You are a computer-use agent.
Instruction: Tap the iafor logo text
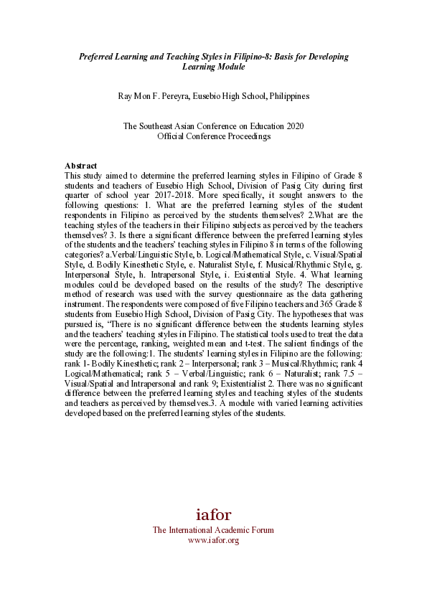[x=214, y=514]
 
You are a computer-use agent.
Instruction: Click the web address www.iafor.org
[x=213, y=540]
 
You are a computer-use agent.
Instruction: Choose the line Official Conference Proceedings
[x=214, y=136]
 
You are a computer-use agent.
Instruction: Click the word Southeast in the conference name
[x=160, y=126]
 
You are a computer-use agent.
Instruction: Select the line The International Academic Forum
[x=213, y=530]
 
